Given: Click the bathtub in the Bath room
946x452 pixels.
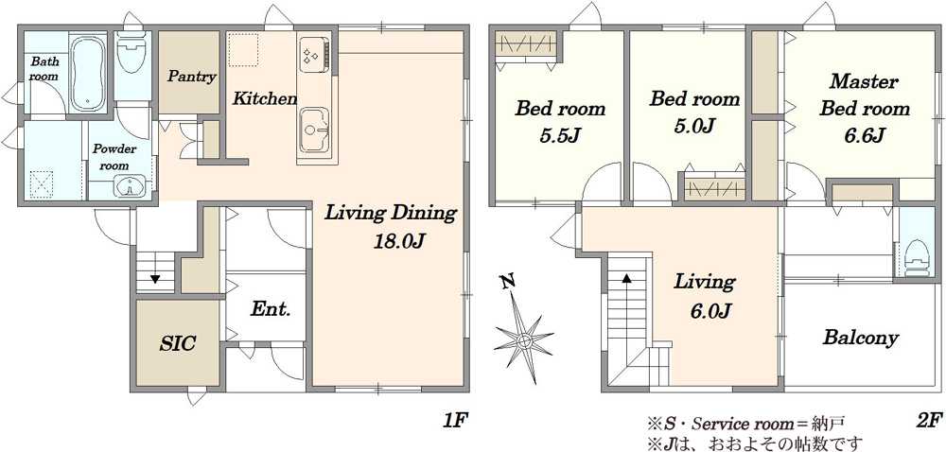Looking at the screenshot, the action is click(x=88, y=73).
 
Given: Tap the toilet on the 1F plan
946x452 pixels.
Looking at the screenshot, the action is click(x=131, y=52).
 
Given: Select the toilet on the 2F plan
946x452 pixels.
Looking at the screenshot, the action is click(x=918, y=257).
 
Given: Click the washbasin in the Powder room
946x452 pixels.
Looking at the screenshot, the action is click(x=130, y=186).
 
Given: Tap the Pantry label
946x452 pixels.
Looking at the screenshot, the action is click(x=192, y=77).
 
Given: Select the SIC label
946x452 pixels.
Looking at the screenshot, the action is click(x=178, y=343).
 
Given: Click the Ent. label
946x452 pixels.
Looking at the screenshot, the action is click(x=271, y=310).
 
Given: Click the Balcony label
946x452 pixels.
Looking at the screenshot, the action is click(x=861, y=338).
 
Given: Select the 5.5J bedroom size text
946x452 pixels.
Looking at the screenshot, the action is click(x=559, y=136).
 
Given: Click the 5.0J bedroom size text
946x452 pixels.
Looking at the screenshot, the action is click(x=694, y=127).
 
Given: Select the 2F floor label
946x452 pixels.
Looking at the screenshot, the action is click(x=929, y=420).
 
